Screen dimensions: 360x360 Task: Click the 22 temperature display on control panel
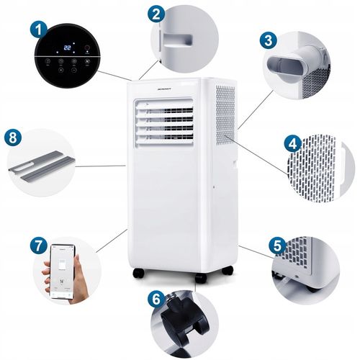68,48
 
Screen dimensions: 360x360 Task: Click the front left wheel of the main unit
139,273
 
